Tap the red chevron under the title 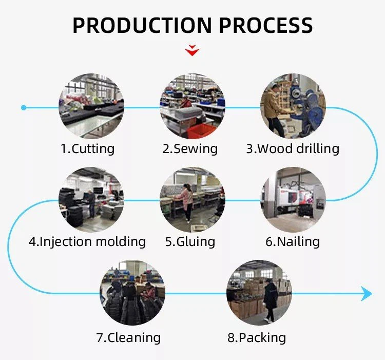pos(192,50)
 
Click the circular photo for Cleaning pos(132,293)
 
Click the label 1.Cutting pos(87,149)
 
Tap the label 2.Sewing pos(190,149)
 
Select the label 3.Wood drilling pos(293,149)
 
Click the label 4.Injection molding pos(87,241)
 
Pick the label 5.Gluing pos(190,241)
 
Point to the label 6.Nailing pos(293,241)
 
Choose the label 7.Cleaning pos(128,337)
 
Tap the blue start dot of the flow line pos(24,107)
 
